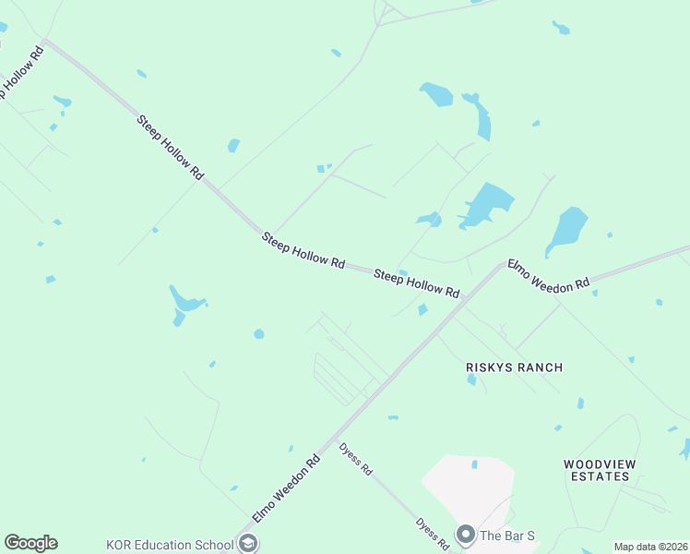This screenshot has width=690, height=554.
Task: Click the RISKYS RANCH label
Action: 514,367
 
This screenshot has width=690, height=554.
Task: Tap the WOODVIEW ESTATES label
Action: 599,470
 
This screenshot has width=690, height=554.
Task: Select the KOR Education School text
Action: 170,544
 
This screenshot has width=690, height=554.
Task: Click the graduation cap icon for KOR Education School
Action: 247,543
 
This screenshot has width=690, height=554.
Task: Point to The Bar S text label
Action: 507,536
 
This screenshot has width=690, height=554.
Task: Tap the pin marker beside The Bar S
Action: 466,536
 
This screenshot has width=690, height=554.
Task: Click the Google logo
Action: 30,543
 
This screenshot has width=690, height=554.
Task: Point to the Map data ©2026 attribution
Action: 649,547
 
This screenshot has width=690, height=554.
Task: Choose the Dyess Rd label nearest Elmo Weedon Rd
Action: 355,458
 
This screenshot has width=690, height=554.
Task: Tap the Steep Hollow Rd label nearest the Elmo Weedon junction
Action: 416,283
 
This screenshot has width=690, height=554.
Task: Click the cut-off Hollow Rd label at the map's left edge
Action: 21,74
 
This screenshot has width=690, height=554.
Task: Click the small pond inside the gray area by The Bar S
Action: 475,464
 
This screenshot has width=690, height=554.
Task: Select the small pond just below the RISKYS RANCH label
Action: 471,379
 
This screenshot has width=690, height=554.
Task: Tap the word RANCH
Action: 540,367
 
